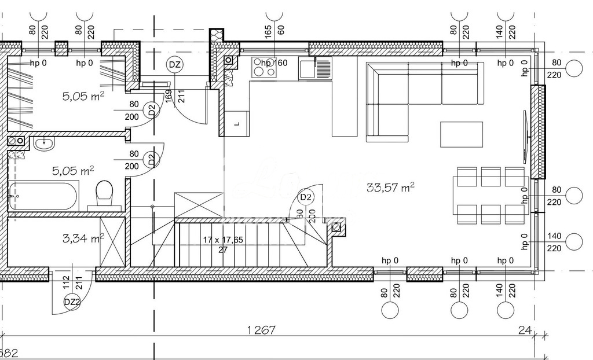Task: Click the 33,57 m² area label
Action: pyautogui.click(x=390, y=187)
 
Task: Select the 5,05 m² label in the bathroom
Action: pyautogui.click(x=73, y=171)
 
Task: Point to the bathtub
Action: pyautogui.click(x=43, y=196)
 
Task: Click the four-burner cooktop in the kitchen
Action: pyautogui.click(x=264, y=69)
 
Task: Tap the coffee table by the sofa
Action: pyautogui.click(x=462, y=134)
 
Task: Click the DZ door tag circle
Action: pyautogui.click(x=174, y=65)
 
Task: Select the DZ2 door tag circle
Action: pyautogui.click(x=72, y=301)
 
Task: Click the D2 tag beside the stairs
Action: pyautogui.click(x=306, y=198)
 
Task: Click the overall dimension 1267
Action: pyautogui.click(x=261, y=330)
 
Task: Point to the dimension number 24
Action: pyautogui.click(x=525, y=330)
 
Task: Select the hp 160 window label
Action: pyautogui.click(x=274, y=63)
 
